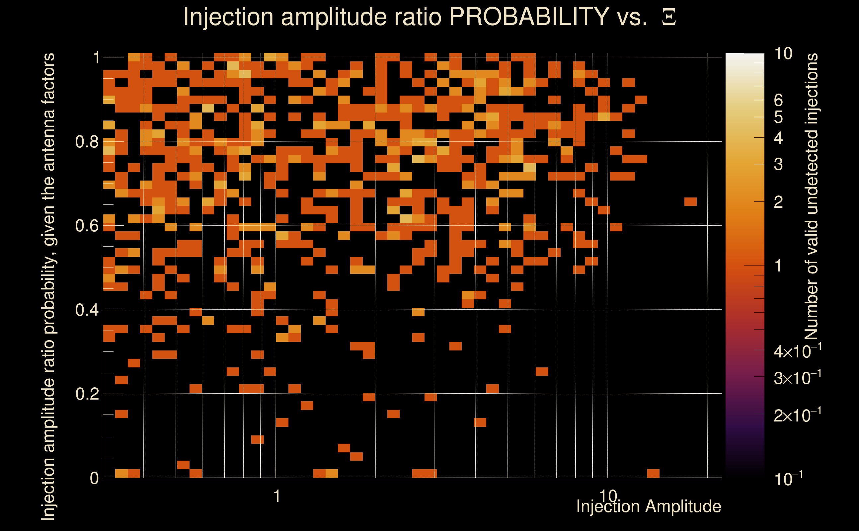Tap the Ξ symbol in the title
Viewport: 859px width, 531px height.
pos(669,17)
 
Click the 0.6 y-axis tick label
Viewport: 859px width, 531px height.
pos(87,225)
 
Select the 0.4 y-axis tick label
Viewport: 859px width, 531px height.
pos(87,310)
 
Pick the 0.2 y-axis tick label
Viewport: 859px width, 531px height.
pos(87,394)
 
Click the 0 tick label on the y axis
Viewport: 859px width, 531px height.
pos(94,478)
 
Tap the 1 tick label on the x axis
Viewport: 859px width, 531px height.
pos(277,496)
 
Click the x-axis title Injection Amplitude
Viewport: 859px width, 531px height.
pos(649,506)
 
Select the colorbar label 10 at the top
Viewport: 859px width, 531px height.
pos(783,53)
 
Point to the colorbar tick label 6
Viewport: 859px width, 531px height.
pos(778,101)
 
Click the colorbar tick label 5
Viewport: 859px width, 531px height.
pos(778,117)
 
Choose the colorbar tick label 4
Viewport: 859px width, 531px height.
pos(778,138)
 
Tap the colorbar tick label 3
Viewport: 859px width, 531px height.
pos(778,164)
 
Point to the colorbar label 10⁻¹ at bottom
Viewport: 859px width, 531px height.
pos(788,478)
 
